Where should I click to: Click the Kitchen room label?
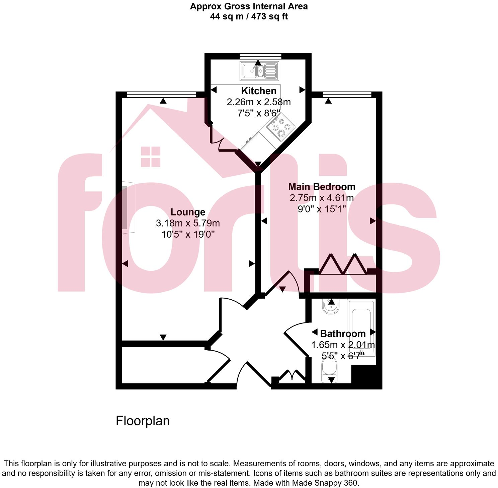click(x=259, y=91)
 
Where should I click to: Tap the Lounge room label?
click(x=188, y=212)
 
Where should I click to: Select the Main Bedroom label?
click(x=322, y=187)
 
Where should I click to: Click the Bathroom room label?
click(x=343, y=334)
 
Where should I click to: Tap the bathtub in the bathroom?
click(x=361, y=327)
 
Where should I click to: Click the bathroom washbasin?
click(x=331, y=306)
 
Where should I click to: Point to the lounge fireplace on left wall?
click(x=128, y=208)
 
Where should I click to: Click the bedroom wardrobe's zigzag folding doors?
click(x=342, y=265)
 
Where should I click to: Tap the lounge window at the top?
click(x=161, y=95)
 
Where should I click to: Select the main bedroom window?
click(x=347, y=95)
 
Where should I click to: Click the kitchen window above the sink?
click(x=260, y=56)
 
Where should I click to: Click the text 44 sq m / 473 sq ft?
click(x=249, y=16)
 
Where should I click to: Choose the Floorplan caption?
click(x=143, y=421)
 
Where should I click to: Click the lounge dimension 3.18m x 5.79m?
click(x=188, y=223)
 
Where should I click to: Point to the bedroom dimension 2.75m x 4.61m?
click(x=322, y=198)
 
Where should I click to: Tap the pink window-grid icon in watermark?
click(x=151, y=157)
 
